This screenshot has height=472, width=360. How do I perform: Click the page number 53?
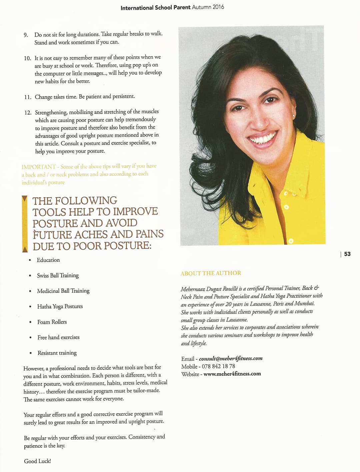347,254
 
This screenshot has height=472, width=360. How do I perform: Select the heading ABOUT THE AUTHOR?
211,273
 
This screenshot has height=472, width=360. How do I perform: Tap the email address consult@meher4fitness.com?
231,358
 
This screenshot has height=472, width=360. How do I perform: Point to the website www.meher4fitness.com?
232,374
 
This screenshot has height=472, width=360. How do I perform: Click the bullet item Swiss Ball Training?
58,275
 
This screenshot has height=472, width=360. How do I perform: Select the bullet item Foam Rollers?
52,322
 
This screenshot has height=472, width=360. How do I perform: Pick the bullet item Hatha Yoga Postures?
60,306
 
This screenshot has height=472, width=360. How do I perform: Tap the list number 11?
27,97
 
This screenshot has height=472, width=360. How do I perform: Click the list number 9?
26,35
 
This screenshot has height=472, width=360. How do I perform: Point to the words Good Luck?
37,461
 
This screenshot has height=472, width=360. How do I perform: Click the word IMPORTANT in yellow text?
38,167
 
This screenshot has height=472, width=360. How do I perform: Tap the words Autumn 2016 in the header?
208,7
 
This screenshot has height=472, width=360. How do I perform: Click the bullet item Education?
48,260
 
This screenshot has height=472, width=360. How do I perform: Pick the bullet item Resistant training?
57,353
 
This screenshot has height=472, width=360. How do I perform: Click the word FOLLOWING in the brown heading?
87,201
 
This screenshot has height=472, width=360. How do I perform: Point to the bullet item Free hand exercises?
58,337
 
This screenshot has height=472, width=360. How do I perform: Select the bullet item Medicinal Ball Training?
63,291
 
